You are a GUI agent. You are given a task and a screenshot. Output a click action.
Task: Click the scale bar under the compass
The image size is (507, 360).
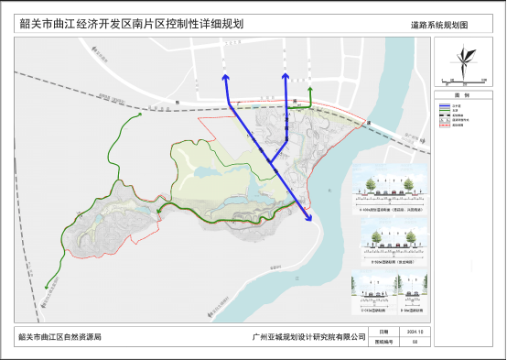point(461,82)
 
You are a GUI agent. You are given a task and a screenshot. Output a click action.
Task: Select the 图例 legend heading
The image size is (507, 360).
point(461,94)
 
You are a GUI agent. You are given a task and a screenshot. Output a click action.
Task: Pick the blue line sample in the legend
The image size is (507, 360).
point(442,105)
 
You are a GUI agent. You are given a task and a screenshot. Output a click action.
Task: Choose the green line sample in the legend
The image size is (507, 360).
point(442,111)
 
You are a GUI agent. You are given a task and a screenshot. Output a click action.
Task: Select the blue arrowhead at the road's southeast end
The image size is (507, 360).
point(309,218)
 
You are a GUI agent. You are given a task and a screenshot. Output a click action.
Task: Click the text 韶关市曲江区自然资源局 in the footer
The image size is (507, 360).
point(59,337)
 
